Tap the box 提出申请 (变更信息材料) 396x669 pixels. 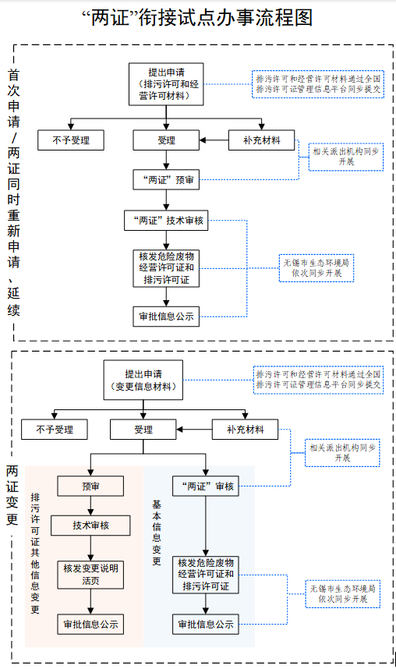coord(143,380)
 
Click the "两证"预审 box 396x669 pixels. coord(164,180)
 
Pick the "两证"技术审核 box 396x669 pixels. coord(164,221)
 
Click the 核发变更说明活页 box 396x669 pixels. coord(90,573)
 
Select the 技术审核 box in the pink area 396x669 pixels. coord(90,526)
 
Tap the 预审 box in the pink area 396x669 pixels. coord(90,487)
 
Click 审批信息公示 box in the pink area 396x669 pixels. coord(90,624)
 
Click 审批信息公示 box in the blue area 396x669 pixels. coord(206,624)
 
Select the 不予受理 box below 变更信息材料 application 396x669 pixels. coord(54,429)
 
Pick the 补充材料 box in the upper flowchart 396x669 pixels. coord(262,141)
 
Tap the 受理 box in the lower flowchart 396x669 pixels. coord(143,429)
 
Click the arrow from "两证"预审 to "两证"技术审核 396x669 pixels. coord(164,200)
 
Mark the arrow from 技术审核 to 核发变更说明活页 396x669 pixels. coord(90,547)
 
